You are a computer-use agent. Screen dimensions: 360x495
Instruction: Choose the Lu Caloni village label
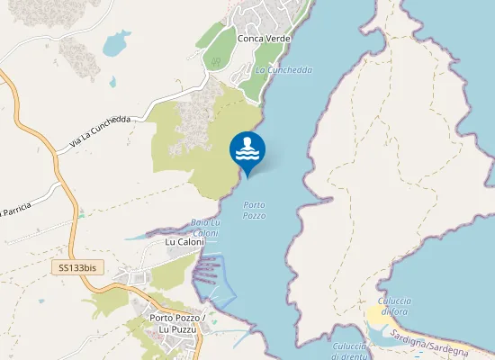[x=185, y=242]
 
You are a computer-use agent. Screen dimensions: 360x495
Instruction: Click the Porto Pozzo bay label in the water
[x=255, y=211]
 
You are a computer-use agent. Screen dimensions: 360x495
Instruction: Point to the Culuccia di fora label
[x=394, y=305]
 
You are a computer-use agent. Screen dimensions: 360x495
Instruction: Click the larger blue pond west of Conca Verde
[x=117, y=43]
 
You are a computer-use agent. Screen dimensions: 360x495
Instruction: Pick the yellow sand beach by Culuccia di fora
[x=375, y=316]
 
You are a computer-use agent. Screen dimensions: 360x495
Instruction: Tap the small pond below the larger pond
[x=112, y=83]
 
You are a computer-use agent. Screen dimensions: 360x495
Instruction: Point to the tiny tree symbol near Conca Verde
[x=215, y=60]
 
